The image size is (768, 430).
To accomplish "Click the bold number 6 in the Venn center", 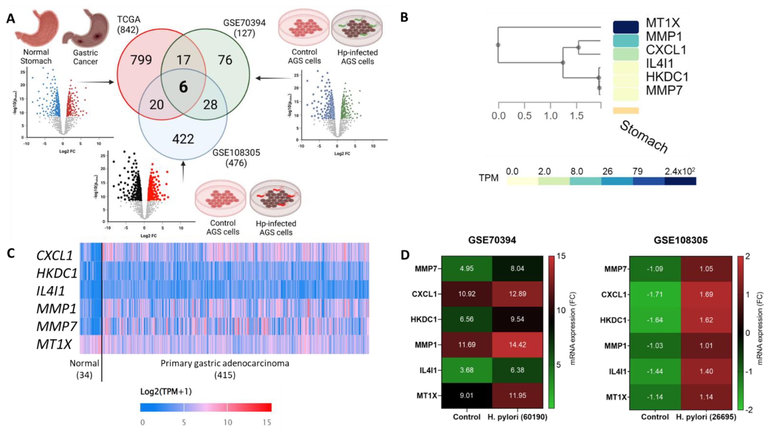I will click(183, 87).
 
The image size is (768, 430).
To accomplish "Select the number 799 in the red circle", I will click(141, 60).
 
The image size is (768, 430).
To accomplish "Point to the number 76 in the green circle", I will click(225, 60).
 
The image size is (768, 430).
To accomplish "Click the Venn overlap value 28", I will click(210, 105).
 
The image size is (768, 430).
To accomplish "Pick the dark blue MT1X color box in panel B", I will click(625, 27).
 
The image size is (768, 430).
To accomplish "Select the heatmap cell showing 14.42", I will click(517, 345).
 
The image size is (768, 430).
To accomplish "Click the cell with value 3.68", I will click(467, 370).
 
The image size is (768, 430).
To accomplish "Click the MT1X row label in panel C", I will click(54, 344).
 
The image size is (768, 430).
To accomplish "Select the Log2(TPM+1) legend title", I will click(166, 392).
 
